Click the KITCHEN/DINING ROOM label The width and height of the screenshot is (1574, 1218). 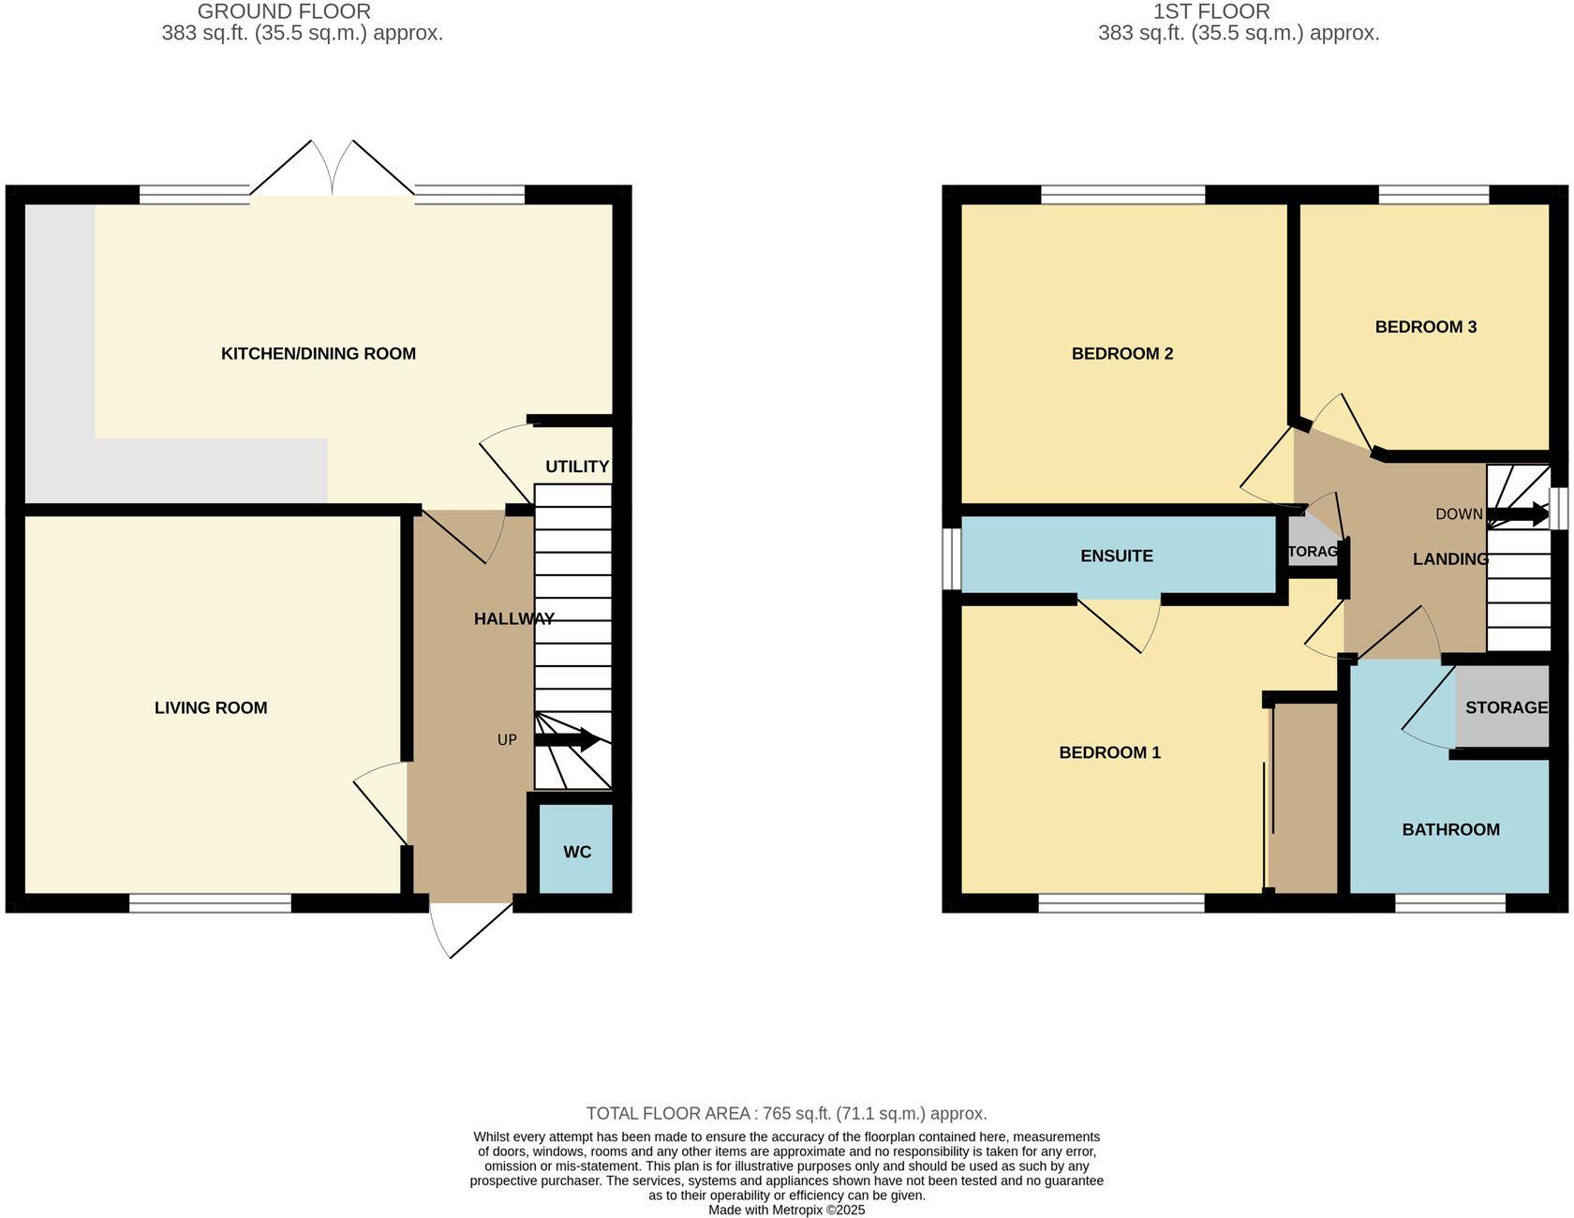(x=318, y=353)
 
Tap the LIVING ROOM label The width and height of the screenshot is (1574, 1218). (x=211, y=707)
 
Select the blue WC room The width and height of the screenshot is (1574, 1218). (x=576, y=851)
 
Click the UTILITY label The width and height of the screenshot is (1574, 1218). (x=577, y=467)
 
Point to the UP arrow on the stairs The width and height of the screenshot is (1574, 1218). (x=568, y=740)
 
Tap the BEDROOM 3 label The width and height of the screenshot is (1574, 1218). (x=1425, y=327)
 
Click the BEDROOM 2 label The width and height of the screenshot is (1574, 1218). (x=1121, y=353)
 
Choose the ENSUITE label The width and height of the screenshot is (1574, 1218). (x=1116, y=556)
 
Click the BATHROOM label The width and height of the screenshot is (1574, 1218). (x=1450, y=829)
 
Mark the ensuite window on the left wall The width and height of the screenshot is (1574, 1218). (x=951, y=558)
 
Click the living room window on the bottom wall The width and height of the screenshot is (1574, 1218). (x=210, y=902)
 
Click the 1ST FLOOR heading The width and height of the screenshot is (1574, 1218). (x=1210, y=11)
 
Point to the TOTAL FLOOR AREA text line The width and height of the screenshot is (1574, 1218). (x=786, y=1113)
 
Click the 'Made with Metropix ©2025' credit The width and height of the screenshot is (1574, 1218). (x=786, y=1210)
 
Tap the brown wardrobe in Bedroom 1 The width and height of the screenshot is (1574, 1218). (x=1303, y=796)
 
